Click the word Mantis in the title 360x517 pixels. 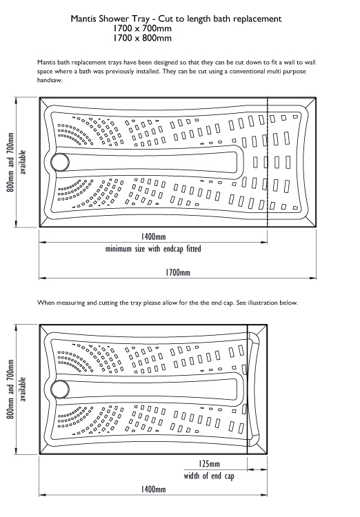coord(83,19)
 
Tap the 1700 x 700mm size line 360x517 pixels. coord(142,28)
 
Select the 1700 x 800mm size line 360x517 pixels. coord(142,38)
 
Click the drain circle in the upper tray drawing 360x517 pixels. coord(60,162)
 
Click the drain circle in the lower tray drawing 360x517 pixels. coord(60,388)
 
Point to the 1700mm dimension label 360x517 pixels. coord(178,273)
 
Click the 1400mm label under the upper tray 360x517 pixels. coord(153,236)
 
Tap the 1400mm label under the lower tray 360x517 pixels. coord(153,489)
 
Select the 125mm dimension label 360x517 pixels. coord(209,464)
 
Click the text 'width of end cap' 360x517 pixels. coord(209,476)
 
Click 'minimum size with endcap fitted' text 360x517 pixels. coord(153,249)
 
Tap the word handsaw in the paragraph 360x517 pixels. coord(50,80)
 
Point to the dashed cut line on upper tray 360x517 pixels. coord(268,162)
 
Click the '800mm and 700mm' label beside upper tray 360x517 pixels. coord(10,162)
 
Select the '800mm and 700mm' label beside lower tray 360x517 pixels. coord(10,389)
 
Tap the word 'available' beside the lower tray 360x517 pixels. coord(23,389)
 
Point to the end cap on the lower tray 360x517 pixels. coord(257,389)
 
